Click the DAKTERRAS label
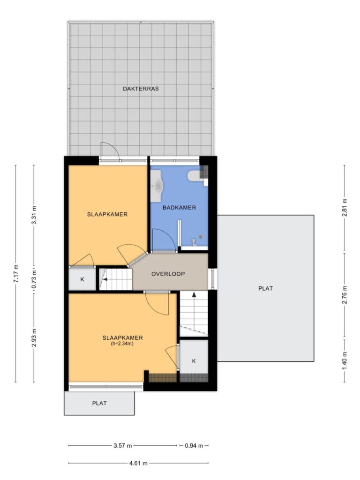[x=141, y=89]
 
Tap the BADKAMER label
[x=179, y=208]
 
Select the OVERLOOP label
[x=168, y=274]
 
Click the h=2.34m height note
[x=122, y=344]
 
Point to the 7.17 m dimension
[x=16, y=273]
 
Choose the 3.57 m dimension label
[x=122, y=446]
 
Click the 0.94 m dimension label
[x=194, y=446]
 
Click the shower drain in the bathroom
[x=201, y=237]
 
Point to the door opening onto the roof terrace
[x=109, y=152]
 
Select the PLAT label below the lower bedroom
[x=99, y=403]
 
